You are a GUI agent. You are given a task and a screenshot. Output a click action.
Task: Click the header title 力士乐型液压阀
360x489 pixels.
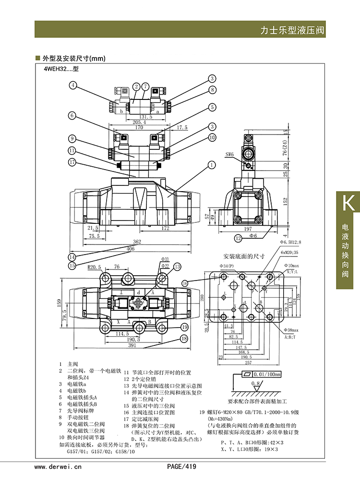pos(292,30)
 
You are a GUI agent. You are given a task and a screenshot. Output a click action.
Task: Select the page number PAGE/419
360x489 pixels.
pos(181,466)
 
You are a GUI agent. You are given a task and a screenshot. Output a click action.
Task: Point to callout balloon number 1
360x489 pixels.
pos(211,165)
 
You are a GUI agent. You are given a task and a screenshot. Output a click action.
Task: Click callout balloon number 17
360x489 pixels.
pos(72,162)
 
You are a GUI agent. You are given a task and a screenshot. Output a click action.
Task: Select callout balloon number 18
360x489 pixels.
pos(184,339)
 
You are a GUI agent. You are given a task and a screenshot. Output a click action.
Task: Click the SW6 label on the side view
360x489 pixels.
pos(230,155)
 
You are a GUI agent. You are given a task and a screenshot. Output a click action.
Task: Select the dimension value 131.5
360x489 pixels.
pos(145,117)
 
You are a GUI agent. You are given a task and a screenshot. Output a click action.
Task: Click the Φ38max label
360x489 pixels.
pos(291,330)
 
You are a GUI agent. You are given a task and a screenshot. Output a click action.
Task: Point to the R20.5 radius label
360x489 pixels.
pos(94,267)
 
